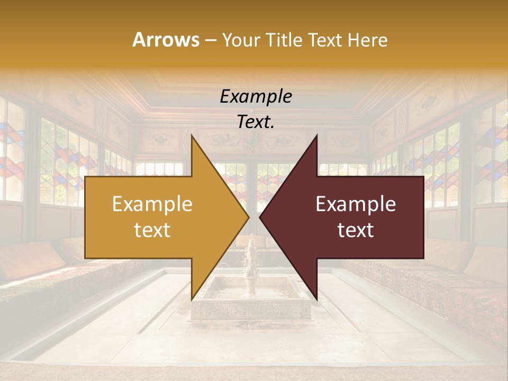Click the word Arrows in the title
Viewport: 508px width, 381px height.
click(166, 40)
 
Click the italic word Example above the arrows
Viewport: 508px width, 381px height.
click(256, 97)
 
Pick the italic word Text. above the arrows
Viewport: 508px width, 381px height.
click(256, 122)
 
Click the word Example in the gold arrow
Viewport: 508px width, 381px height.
click(152, 204)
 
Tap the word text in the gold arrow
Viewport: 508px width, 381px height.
click(152, 230)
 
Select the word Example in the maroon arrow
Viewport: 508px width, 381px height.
click(356, 204)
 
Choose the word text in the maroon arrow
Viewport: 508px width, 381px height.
click(356, 230)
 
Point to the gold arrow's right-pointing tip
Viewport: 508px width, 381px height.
click(248, 217)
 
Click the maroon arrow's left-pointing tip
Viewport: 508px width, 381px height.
click(260, 217)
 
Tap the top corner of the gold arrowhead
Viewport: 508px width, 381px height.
click(192, 135)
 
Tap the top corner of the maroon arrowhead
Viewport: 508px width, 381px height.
click(316, 135)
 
